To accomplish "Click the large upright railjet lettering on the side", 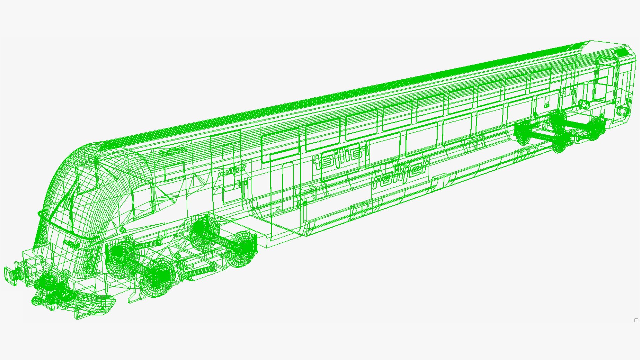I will coord(400,175).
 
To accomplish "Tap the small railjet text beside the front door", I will coord(232,171).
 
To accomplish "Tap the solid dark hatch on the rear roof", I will coord(621,52).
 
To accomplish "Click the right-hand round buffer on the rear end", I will coord(621,110).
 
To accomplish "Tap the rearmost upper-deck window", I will coord(540,80).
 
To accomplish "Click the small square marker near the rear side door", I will coord(547,105).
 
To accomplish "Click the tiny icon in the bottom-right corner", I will coord(636,321).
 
